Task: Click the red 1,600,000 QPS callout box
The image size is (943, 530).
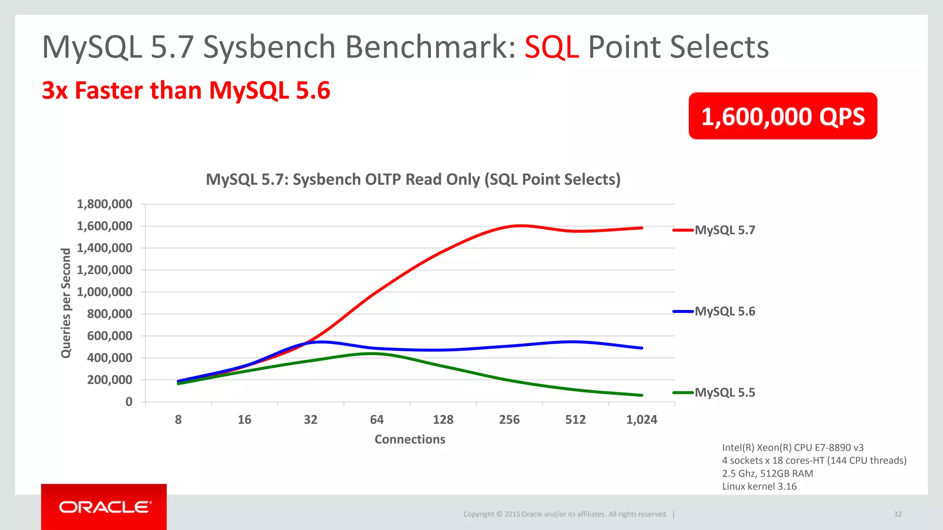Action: (782, 116)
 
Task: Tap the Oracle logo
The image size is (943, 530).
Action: (104, 507)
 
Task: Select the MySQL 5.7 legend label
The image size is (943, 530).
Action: (724, 230)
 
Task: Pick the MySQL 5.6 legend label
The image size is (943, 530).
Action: (724, 311)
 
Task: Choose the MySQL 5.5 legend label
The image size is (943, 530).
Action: (724, 392)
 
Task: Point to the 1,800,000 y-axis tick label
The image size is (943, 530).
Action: (105, 204)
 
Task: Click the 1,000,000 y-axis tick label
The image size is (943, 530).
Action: (105, 292)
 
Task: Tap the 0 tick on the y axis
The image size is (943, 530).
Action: (129, 402)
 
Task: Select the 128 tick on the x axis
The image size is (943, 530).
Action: (443, 420)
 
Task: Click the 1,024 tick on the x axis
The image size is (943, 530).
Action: (641, 420)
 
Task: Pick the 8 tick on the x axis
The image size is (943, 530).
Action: (178, 420)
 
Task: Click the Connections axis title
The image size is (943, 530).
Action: (410, 439)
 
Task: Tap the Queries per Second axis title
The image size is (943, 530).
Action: (66, 303)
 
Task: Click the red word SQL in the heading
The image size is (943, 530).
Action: (551, 47)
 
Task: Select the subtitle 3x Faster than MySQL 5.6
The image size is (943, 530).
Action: (186, 90)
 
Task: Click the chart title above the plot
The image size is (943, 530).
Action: (413, 179)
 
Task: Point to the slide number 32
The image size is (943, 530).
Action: (897, 514)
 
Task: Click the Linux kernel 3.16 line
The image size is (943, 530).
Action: (759, 486)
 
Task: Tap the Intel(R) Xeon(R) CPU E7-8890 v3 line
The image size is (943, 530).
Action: (792, 448)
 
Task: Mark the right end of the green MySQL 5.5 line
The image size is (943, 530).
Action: (641, 395)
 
